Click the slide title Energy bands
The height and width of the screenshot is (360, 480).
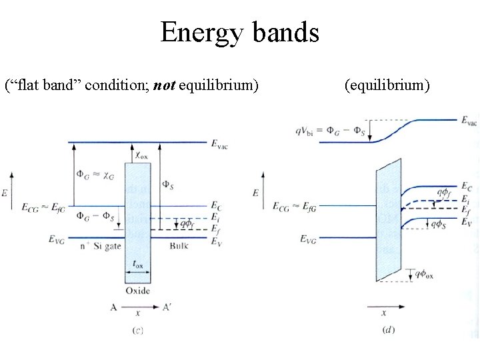click(239, 32)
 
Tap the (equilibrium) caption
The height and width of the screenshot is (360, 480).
click(387, 85)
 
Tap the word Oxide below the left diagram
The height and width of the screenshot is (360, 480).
click(138, 291)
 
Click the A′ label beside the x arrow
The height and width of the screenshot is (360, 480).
click(169, 307)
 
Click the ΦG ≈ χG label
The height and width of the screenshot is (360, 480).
click(93, 175)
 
